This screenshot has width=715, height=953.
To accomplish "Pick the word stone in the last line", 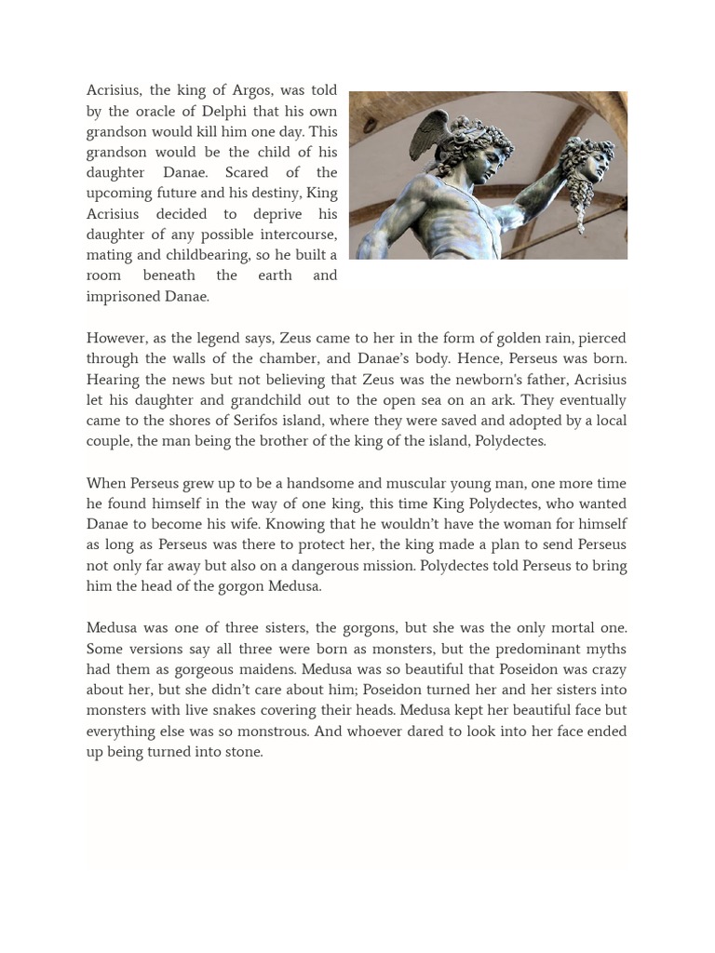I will click(x=243, y=752).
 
